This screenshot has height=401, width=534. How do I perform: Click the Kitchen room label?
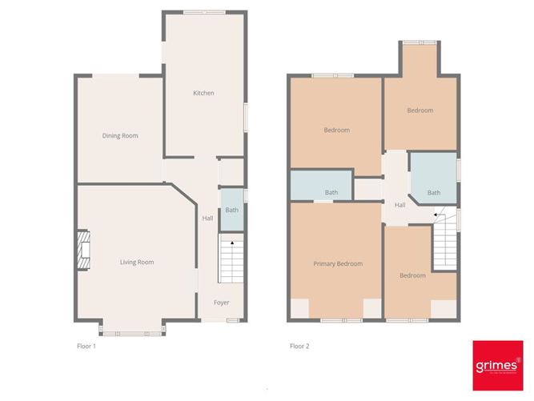pos(203,94)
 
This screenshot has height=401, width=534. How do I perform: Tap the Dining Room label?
pos(120,136)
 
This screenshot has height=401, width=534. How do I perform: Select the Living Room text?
pos(137,262)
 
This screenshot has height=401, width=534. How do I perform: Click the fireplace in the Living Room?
pos(83,247)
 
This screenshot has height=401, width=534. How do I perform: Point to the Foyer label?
pos(221,303)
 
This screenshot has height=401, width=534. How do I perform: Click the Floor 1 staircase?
pos(230,259)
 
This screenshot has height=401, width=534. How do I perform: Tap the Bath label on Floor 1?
pos(231,211)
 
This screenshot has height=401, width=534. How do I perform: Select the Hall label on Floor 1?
pos(207,219)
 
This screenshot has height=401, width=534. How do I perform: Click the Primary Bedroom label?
pos(338,263)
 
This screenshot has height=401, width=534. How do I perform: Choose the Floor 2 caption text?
pos(299,347)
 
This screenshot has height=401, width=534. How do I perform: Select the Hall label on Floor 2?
pos(400,205)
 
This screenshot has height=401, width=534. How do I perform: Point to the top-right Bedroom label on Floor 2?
pos(420,110)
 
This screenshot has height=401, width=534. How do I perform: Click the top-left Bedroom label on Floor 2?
pos(336,130)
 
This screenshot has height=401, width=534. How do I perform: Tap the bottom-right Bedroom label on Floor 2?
pos(412,275)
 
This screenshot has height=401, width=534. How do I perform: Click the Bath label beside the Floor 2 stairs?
pos(434,192)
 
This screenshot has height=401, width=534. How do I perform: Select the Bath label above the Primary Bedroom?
pos(331,192)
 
